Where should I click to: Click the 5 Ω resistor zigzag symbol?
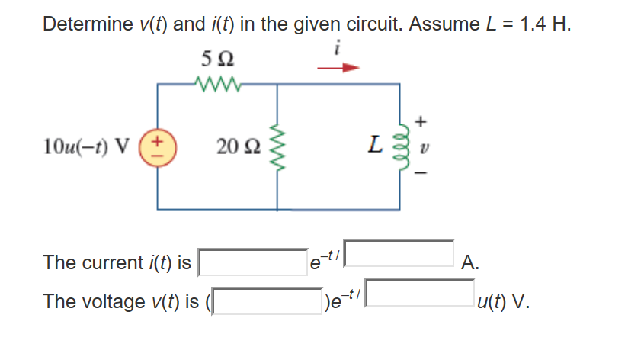[x=218, y=82]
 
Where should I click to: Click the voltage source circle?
[x=159, y=146]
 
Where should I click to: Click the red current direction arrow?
[x=337, y=67]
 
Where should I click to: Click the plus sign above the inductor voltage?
[x=423, y=120]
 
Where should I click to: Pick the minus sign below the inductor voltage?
[x=423, y=172]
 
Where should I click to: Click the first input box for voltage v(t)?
[x=267, y=300]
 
